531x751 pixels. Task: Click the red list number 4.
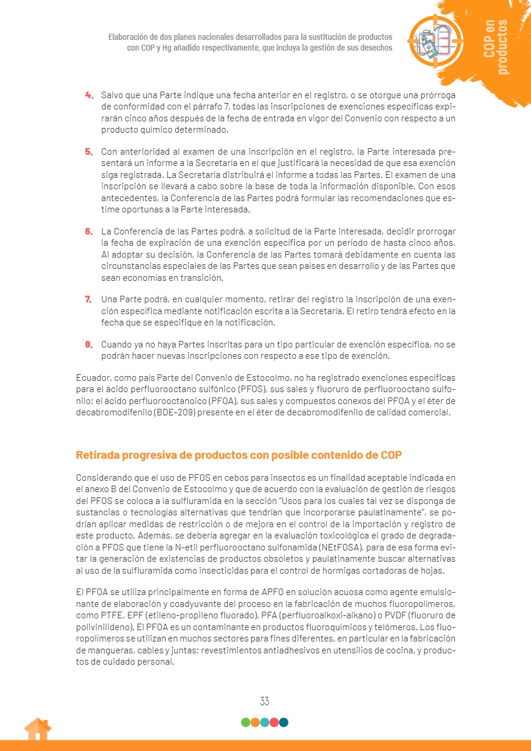pos(89,95)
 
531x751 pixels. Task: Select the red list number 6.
pos(89,231)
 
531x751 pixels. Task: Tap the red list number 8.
pos(89,345)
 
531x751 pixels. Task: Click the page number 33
pos(265,701)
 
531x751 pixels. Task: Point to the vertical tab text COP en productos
pos(496,46)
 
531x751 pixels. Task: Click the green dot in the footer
pos(245,722)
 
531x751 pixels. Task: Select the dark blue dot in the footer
pos(284,722)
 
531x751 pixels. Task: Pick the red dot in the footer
pos(274,722)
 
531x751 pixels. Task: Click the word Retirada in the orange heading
pos(98,456)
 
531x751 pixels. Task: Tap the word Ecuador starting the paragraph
pos(93,378)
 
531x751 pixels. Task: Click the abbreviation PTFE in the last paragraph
pos(110,615)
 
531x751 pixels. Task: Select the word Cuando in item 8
pos(117,345)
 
